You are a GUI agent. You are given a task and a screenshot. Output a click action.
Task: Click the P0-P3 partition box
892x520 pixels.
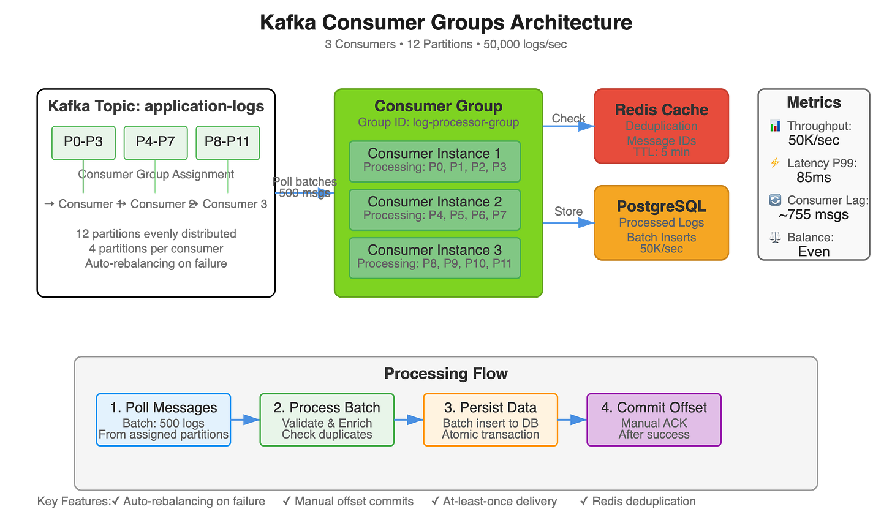tap(83, 142)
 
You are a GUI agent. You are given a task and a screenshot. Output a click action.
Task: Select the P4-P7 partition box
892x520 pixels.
tap(156, 142)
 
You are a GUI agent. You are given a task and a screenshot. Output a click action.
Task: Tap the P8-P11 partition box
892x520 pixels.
tap(227, 142)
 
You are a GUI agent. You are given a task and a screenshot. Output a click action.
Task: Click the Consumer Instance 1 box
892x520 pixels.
tap(434, 161)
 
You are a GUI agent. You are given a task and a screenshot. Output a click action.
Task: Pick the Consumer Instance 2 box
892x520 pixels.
tap(434, 209)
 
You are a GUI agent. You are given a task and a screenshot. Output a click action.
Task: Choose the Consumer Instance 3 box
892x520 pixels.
tap(434, 258)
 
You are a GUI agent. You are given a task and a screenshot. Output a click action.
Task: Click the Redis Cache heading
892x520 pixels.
tap(661, 110)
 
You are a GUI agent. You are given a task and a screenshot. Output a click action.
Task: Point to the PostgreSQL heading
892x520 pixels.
tap(661, 206)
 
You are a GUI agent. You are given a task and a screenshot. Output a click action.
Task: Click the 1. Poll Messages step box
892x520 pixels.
tap(164, 420)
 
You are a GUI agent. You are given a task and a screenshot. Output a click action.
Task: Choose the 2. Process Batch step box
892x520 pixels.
tap(327, 420)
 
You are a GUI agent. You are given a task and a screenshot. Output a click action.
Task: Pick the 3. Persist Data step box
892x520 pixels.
tap(490, 420)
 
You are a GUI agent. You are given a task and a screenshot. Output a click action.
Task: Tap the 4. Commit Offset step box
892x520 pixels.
tap(654, 420)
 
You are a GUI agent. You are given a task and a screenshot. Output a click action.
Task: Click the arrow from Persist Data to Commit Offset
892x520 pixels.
tap(572, 420)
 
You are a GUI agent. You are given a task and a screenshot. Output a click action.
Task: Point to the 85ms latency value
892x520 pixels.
tap(814, 178)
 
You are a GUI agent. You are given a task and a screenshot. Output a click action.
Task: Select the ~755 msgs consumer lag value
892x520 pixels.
tap(814, 215)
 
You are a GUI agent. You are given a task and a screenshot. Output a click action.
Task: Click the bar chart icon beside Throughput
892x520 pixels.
tap(776, 126)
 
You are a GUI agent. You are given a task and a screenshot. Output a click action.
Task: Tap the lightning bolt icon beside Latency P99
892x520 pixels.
tap(775, 163)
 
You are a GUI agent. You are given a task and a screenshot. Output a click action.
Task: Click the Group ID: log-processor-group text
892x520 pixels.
tap(438, 122)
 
